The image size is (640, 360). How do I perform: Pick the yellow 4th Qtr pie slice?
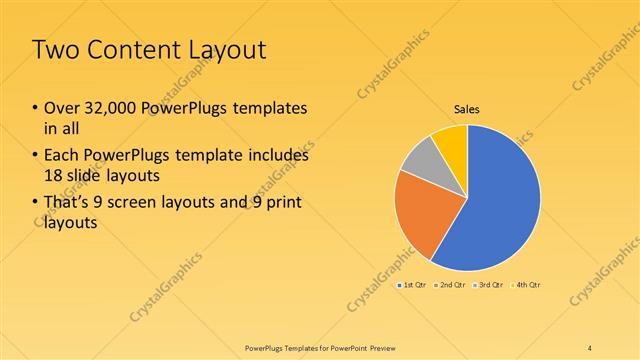click(452, 140)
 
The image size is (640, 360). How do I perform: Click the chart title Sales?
click(468, 108)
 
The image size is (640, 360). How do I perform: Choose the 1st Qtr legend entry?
click(414, 286)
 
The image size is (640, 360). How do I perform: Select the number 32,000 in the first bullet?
click(112, 108)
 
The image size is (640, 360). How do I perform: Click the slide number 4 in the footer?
click(590, 347)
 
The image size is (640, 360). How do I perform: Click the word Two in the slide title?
click(56, 52)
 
